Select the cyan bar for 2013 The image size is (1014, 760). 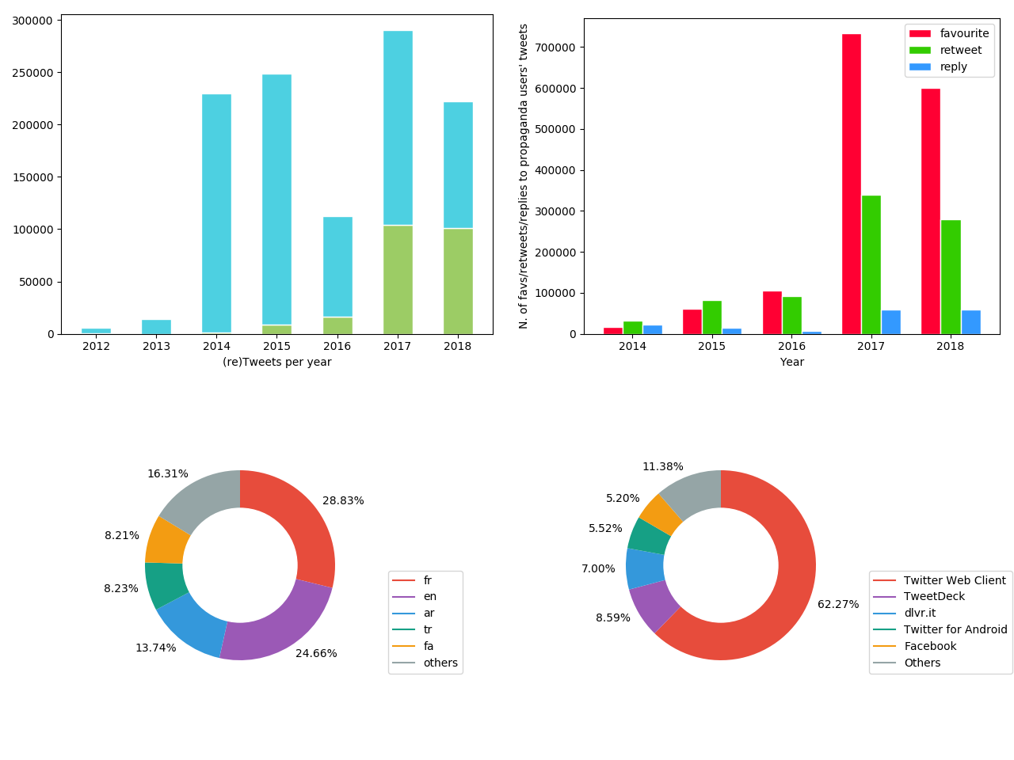[x=156, y=326]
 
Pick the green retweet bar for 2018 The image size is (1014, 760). [x=951, y=277]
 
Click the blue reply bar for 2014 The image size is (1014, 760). [x=652, y=329]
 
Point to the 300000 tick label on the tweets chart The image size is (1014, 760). [x=33, y=21]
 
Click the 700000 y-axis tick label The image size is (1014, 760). [x=555, y=47]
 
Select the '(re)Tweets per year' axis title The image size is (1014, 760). [x=276, y=362]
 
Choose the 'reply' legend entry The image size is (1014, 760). [x=953, y=66]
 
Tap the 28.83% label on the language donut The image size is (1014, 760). [x=343, y=500]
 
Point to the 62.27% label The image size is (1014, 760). [x=838, y=604]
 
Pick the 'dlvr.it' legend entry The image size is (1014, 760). [x=919, y=613]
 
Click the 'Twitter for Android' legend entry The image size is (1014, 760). [x=955, y=629]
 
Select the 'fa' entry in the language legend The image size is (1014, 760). [x=428, y=646]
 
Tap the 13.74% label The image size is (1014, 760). [x=155, y=648]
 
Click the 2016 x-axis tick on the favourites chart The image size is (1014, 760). [x=791, y=346]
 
